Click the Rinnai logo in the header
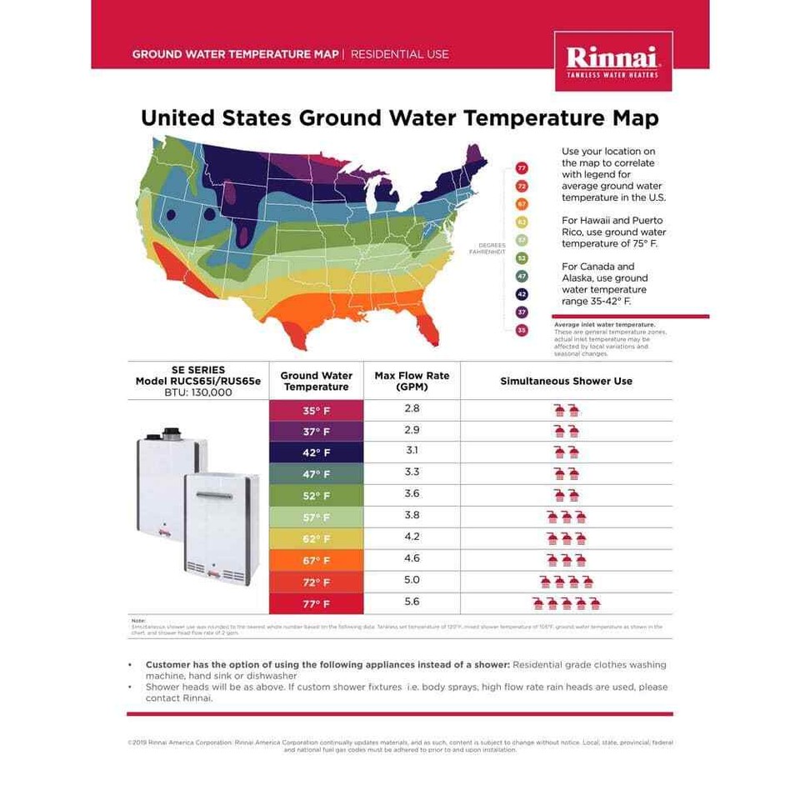613,61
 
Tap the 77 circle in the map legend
522,169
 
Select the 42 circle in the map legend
522,294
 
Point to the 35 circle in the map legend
522,330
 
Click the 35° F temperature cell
316,411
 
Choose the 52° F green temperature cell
316,496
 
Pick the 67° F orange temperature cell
316,560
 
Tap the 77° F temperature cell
316,603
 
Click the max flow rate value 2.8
412,408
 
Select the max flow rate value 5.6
412,602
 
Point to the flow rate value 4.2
412,537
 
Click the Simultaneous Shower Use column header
566,381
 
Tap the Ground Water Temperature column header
316,381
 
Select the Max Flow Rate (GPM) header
412,381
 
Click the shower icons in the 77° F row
566,602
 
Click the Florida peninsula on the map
427,327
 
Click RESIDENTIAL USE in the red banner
399,54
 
